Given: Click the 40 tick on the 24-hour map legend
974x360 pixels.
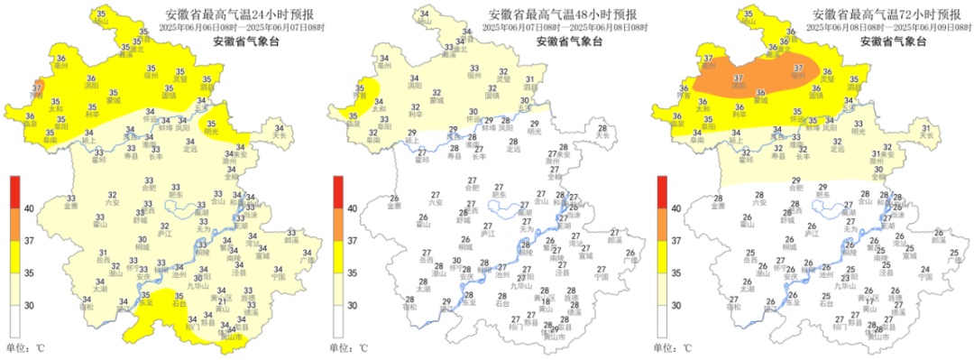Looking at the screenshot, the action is tap(28, 208).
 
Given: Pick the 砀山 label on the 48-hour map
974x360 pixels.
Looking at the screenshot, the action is tap(421, 20).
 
